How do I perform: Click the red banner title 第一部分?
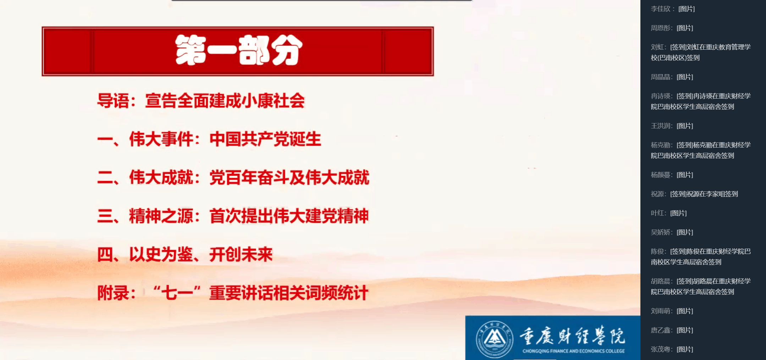point(239,50)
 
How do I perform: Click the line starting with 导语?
point(201,101)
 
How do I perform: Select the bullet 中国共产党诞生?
point(265,139)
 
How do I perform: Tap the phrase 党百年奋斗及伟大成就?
point(289,177)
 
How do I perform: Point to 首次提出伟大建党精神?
point(289,216)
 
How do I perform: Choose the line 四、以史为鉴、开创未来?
point(185,254)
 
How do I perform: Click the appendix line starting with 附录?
point(233,293)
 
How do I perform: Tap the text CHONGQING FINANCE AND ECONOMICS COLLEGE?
point(573,351)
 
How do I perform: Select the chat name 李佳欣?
point(661,9)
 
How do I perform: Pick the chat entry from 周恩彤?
point(672,28)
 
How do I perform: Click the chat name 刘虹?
point(657,47)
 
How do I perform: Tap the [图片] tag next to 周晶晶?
point(685,77)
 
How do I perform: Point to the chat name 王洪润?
point(661,126)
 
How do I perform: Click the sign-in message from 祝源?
point(704,194)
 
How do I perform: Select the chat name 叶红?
point(657,213)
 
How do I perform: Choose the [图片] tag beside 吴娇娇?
point(685,232)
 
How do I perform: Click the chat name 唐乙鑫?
point(661,330)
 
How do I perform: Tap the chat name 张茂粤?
point(661,349)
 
